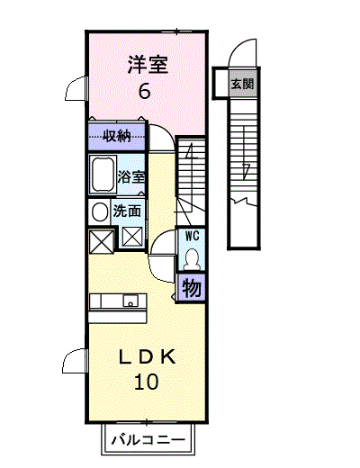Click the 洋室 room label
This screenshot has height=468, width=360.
148,64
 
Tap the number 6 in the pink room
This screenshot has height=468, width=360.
144,91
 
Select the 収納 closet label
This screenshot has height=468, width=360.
117,137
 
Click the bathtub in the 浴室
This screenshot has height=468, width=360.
103,175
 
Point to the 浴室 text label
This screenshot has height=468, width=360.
131,176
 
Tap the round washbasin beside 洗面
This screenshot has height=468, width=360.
100,211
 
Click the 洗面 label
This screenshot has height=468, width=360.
127,211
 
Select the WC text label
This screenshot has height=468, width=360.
192,236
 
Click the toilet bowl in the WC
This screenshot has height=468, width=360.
192,258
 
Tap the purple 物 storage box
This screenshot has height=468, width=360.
192,288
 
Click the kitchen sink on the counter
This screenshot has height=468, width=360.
130,301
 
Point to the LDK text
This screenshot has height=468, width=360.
148,357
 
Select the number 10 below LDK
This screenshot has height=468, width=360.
146,382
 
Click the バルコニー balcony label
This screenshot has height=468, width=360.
148,440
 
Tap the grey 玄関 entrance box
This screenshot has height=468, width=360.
242,84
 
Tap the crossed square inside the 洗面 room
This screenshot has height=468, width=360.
132,237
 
